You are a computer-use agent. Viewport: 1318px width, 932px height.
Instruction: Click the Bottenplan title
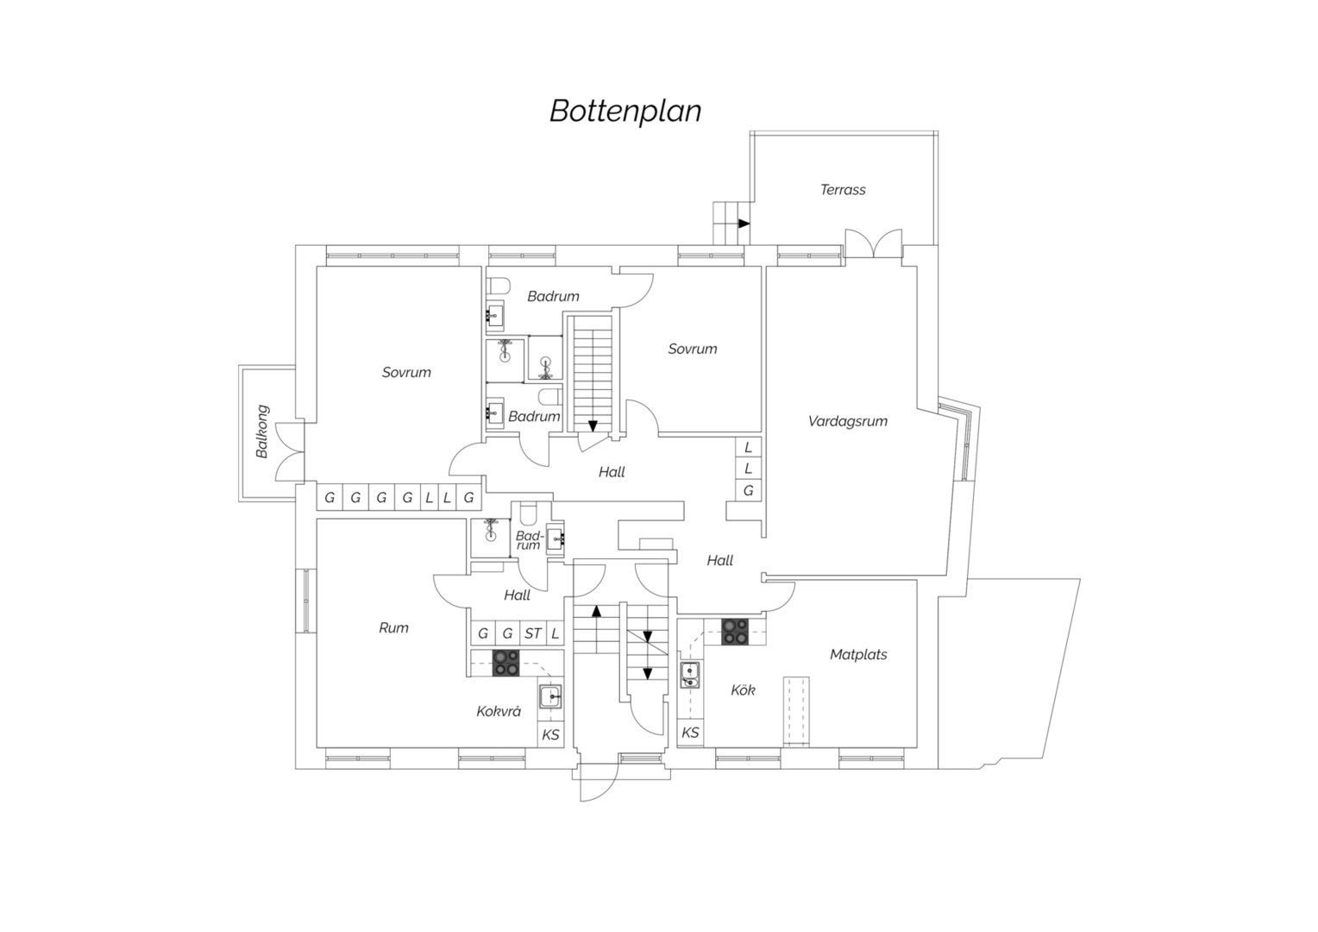(625, 111)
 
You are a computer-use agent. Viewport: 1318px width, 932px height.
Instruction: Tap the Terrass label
(843, 190)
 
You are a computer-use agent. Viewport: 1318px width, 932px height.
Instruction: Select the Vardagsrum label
(847, 421)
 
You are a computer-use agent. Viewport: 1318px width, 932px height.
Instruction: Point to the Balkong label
(262, 431)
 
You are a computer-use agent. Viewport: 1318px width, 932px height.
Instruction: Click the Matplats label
(858, 654)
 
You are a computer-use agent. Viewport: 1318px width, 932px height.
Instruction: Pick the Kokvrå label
(499, 711)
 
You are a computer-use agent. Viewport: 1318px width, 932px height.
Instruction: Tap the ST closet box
(532, 633)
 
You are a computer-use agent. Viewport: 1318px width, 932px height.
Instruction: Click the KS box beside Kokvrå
(550, 734)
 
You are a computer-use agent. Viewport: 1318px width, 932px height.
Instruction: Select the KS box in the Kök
(690, 733)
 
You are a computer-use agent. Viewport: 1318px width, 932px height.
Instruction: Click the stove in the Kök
(735, 632)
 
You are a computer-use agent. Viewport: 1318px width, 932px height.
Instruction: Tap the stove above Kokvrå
(506, 664)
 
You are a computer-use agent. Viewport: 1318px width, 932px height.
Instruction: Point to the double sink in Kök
(689, 675)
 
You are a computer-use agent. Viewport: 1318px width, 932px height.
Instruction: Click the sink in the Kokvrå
(550, 696)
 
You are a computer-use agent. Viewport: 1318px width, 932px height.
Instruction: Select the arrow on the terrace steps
(744, 224)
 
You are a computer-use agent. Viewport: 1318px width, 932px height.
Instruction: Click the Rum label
(393, 627)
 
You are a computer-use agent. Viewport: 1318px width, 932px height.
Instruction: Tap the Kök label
(743, 690)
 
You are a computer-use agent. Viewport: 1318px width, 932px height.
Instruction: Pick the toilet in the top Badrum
(497, 287)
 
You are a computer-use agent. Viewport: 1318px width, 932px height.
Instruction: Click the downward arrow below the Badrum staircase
(593, 426)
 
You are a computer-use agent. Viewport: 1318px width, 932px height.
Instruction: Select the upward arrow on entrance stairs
(597, 610)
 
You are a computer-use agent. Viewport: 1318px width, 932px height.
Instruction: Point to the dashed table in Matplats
(796, 712)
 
